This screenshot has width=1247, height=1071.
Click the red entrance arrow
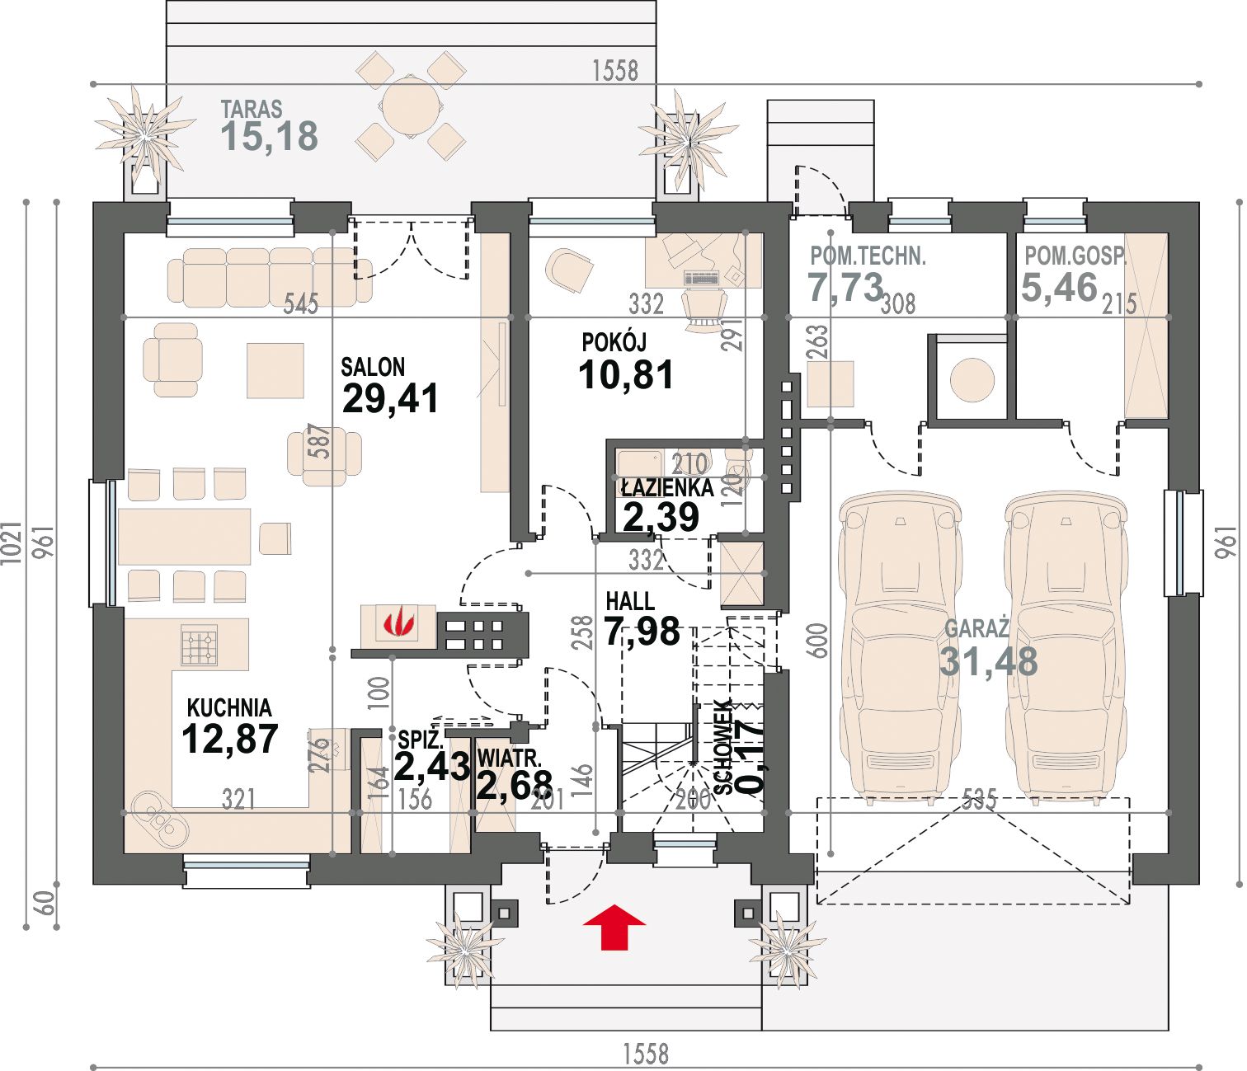pos(614,927)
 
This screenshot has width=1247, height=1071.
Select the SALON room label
pos(372,367)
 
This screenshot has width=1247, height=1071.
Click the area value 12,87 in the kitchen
pos(230,738)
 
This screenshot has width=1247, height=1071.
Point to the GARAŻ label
pos(976,628)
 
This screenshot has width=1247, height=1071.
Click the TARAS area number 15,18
pos(269,136)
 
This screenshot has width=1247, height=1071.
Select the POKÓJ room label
pos(614,342)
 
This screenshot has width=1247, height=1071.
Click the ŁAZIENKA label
pos(668,487)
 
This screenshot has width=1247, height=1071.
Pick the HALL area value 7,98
pos(642,631)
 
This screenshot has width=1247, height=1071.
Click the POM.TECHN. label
pos(868,257)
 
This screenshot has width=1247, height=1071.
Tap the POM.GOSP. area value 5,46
pos(1059,287)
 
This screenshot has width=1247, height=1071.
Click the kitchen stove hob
pos(199,644)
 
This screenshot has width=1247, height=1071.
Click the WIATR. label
pos(510,758)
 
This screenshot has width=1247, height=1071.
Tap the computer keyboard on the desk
pos(702,277)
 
